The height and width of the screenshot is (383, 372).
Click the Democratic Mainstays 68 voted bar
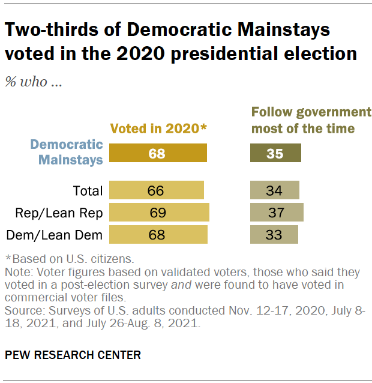pyautogui.click(x=157, y=153)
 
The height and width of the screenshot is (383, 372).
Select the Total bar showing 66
pyautogui.click(x=156, y=191)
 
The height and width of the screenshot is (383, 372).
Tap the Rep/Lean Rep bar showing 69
pyautogui.click(x=158, y=213)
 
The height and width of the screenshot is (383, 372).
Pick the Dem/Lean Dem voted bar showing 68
pyautogui.click(x=158, y=234)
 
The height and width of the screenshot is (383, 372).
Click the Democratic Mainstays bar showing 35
pyautogui.click(x=275, y=153)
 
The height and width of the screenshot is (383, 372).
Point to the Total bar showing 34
pyautogui.click(x=274, y=191)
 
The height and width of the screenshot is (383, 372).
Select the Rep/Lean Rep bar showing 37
pyautogui.click(x=277, y=213)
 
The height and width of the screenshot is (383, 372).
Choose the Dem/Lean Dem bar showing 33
pyautogui.click(x=274, y=234)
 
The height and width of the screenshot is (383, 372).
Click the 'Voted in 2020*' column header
pyautogui.click(x=158, y=128)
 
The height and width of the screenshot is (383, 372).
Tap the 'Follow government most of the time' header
pyautogui.click(x=311, y=120)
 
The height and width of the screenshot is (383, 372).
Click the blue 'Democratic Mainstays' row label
pyautogui.click(x=67, y=152)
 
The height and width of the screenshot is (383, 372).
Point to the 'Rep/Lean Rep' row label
pyautogui.click(x=67, y=213)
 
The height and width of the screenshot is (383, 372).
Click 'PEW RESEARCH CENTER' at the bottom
pyautogui.click(x=73, y=355)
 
